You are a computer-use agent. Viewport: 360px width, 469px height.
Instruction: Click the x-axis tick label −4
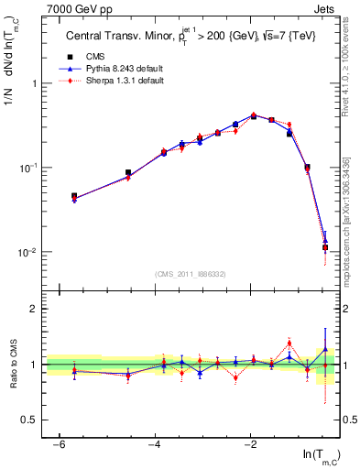(155, 444)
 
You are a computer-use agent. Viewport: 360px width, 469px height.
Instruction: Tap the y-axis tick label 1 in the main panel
(35, 83)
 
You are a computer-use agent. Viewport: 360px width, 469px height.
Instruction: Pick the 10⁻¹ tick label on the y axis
(30, 168)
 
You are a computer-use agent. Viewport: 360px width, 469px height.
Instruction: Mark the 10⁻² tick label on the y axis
(30, 252)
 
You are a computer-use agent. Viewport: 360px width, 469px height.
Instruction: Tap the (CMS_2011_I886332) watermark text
(192, 273)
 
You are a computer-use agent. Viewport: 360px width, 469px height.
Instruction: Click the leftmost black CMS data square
(74, 196)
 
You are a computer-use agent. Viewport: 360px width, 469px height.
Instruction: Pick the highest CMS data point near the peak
(254, 116)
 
